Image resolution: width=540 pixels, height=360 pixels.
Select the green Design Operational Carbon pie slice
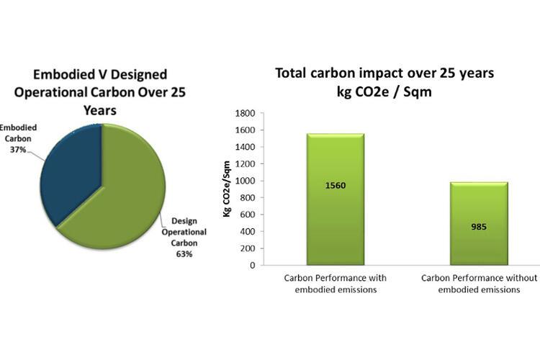tap(124, 193)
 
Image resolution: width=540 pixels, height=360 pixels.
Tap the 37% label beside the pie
tap(18, 150)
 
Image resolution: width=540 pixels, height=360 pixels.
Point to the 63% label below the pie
tap(184, 254)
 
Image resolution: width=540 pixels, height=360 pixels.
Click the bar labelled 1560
tap(336, 199)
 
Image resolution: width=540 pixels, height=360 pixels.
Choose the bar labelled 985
tap(479, 224)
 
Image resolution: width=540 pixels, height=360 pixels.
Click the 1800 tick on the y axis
tap(245, 113)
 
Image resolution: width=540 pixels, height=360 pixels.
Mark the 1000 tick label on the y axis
tap(245, 181)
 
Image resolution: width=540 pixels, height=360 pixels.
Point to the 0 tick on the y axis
tap(253, 265)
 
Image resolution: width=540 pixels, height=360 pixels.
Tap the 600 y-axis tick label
tap(247, 215)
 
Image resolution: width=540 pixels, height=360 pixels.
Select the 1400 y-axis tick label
tap(245, 147)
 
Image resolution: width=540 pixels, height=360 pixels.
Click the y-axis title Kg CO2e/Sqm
tap(227, 189)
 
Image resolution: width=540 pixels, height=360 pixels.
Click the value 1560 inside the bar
tap(336, 186)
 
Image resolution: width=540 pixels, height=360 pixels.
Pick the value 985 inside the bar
tap(479, 227)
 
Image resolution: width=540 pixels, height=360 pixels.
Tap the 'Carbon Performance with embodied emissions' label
tap(336, 284)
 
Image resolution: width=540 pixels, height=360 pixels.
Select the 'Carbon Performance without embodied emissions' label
tap(479, 284)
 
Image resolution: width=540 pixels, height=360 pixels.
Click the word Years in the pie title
tap(100, 111)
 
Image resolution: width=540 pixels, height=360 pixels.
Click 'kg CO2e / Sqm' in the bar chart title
tap(384, 92)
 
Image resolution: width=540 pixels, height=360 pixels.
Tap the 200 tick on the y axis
tap(247, 248)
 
